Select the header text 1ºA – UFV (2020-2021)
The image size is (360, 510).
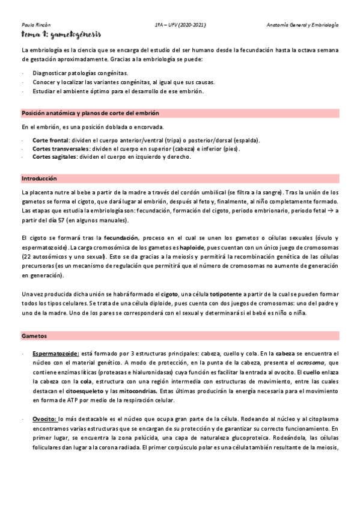[x=180, y=25]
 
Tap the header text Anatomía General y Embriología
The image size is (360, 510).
[x=302, y=25]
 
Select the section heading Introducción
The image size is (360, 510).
[x=39, y=179]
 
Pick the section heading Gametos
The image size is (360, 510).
[x=34, y=334]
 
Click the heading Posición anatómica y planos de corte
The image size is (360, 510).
[x=90, y=113]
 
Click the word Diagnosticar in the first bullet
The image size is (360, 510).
[x=53, y=73]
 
